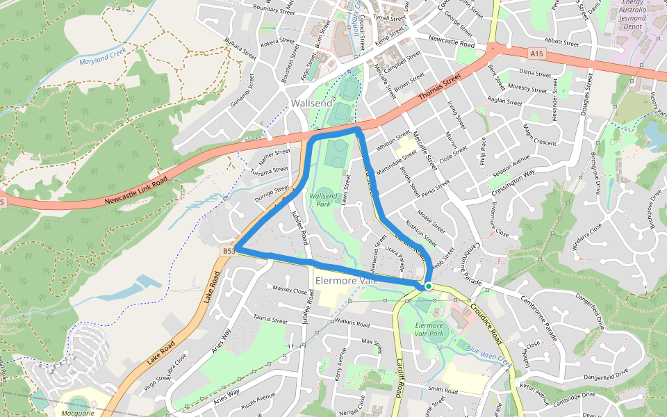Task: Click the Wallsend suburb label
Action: click(x=312, y=103)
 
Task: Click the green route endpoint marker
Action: click(x=429, y=286)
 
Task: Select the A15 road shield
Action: click(x=535, y=53)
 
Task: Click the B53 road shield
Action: click(x=229, y=250)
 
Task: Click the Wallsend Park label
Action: click(x=323, y=200)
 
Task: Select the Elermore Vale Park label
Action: click(x=429, y=329)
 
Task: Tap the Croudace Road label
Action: click(x=485, y=322)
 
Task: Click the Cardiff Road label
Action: click(x=400, y=378)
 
